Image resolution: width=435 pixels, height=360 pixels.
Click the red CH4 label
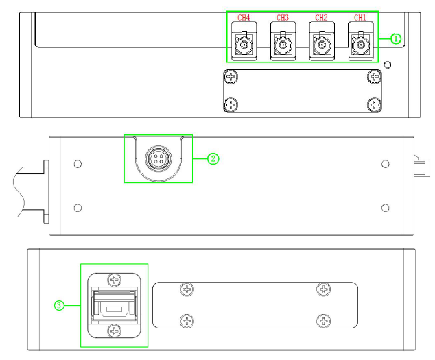(244, 18)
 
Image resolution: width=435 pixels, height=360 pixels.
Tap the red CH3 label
(283, 18)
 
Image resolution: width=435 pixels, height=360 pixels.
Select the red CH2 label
(321, 18)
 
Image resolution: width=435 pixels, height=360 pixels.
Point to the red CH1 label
(360, 18)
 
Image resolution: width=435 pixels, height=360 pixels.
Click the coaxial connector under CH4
(244, 45)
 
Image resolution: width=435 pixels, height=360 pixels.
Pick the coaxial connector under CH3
(283, 45)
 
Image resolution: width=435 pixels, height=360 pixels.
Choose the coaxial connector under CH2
(322, 45)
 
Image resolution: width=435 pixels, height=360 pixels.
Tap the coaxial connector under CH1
(361, 45)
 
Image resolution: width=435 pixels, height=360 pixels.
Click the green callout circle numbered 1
(396, 38)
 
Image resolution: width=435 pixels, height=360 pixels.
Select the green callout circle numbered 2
(213, 159)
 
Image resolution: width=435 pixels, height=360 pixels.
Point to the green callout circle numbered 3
(59, 305)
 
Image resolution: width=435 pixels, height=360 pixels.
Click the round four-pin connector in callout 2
(158, 159)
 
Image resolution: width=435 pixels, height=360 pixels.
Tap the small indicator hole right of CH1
(388, 65)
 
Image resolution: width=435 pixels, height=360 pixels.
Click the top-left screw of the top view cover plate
(231, 76)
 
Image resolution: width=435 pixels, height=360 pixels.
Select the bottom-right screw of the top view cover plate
(375, 105)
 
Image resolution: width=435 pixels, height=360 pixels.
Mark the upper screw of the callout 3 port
(115, 280)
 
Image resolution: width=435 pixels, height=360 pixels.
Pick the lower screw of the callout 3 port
(115, 331)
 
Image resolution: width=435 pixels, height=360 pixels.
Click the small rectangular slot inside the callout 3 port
(114, 309)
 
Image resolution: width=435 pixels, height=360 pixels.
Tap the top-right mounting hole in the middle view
(386, 164)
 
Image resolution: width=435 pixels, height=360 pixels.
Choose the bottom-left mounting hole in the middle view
(78, 208)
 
